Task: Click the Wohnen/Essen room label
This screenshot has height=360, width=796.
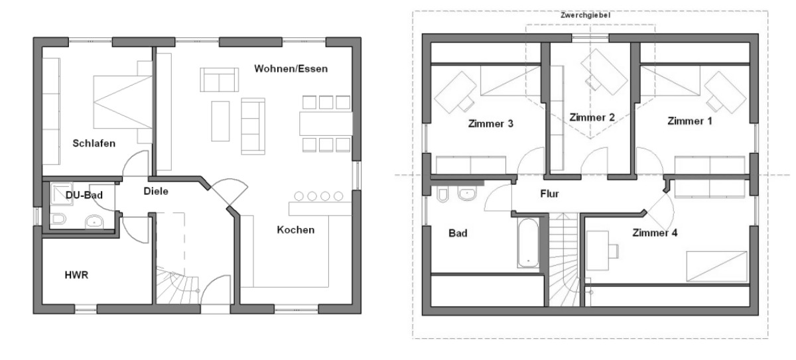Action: coord(291,69)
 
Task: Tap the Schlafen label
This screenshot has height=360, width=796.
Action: coord(94,143)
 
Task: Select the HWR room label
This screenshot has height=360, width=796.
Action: coord(76,275)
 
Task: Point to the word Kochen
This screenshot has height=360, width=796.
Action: coord(296,230)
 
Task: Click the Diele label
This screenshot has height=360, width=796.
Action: coord(156,192)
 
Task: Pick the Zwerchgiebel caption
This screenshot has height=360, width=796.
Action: coord(585,15)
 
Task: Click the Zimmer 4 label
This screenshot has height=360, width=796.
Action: coord(655,233)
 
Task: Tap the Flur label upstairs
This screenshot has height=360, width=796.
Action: coord(549,194)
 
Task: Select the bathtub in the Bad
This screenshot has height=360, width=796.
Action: coord(528,243)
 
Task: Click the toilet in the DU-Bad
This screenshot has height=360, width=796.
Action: coord(58,219)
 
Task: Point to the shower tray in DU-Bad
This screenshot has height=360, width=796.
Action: coord(61,194)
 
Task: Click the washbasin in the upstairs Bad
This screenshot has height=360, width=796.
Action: coord(467,194)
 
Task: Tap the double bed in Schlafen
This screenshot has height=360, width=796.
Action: coord(123,102)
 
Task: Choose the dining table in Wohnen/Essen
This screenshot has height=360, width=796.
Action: coord(326,123)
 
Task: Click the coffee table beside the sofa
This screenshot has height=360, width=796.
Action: coord(220,121)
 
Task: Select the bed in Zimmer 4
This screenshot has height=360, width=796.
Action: coord(716,267)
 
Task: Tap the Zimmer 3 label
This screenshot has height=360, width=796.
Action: coord(491,124)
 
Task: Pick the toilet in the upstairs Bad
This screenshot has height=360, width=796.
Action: coord(442,194)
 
